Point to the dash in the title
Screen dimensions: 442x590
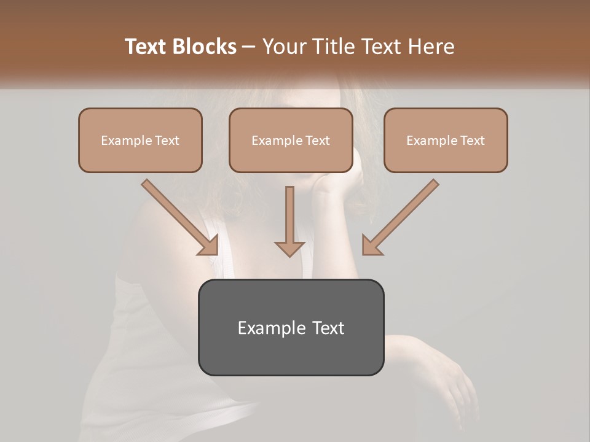point(249,47)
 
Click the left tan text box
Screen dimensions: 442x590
point(140,140)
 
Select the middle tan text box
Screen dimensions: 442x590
point(291,140)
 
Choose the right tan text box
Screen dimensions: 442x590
point(446,140)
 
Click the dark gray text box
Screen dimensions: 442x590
point(291,327)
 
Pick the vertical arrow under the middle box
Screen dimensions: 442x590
point(289,221)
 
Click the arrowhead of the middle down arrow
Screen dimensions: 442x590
point(289,248)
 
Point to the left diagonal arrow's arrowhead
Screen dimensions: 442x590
point(209,246)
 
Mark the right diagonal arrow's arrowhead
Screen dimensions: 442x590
point(371,246)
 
